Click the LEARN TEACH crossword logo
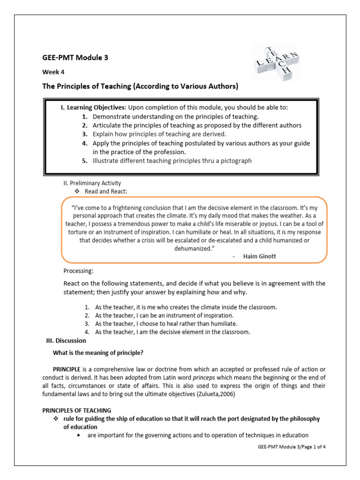tap(276, 62)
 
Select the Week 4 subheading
tap(53, 73)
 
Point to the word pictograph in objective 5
tap(236, 160)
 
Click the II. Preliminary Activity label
tap(92, 183)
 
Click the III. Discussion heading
tap(64, 340)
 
